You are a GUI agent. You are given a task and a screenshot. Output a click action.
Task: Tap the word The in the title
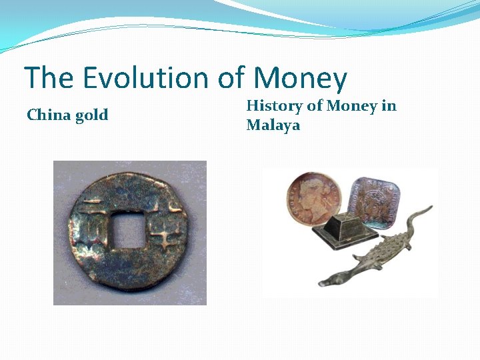pos(49,78)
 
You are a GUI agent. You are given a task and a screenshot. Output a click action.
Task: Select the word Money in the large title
pos(299,78)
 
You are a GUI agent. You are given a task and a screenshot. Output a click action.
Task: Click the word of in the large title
pos(231,78)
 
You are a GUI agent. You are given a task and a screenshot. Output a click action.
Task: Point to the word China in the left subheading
pos(48,115)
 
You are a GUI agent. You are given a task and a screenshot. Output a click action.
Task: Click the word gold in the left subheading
pos(91,116)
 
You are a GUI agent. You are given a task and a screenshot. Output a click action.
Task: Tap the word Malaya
pos(273,125)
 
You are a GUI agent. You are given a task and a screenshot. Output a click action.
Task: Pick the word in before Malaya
pos(389,105)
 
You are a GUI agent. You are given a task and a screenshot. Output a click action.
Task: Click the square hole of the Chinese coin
pos(127,231)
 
